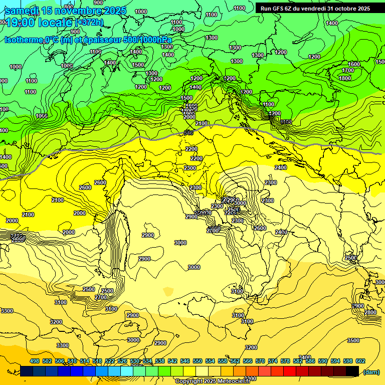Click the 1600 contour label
pyautogui.click(x=354, y=64)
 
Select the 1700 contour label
pyautogui.click(x=347, y=71)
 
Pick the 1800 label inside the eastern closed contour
pyautogui.click(x=345, y=78)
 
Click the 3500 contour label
pyautogui.click(x=353, y=340)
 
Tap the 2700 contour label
pyautogui.click(x=100, y=297)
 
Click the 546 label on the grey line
pyautogui.click(x=188, y=133)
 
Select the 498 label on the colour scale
pyautogui.click(x=35, y=361)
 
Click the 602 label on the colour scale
pyautogui.click(x=360, y=361)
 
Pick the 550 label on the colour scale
pyautogui.click(x=198, y=361)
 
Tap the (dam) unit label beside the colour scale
pyautogui.click(x=371, y=371)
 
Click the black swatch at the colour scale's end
pyautogui.click(x=352, y=371)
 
